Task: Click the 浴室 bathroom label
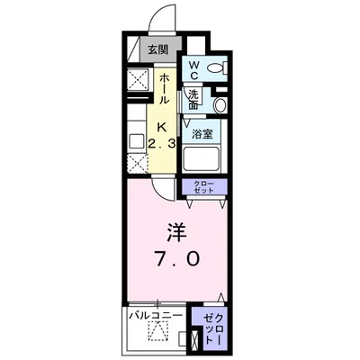[201, 135]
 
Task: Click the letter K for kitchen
[164, 126]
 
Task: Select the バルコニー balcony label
[155, 315]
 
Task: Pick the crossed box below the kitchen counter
[138, 162]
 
